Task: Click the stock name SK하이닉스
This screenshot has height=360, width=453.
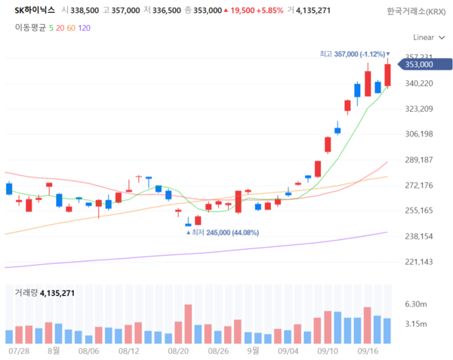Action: [x=35, y=11]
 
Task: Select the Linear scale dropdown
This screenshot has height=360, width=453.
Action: [x=428, y=36]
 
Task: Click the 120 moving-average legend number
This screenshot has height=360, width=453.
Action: [x=84, y=26]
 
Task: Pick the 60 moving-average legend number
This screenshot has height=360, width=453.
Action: [x=71, y=26]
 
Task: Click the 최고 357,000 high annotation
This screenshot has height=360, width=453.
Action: [x=353, y=54]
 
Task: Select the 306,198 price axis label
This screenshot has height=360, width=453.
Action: [x=418, y=134]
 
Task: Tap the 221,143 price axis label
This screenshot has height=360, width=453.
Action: [x=418, y=262]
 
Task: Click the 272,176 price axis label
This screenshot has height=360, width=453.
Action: [x=418, y=186]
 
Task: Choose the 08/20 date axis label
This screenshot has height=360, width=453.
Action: [x=178, y=351]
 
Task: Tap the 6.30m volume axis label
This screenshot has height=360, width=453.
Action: [x=417, y=304]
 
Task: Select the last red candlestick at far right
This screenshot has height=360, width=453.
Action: [x=387, y=75]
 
